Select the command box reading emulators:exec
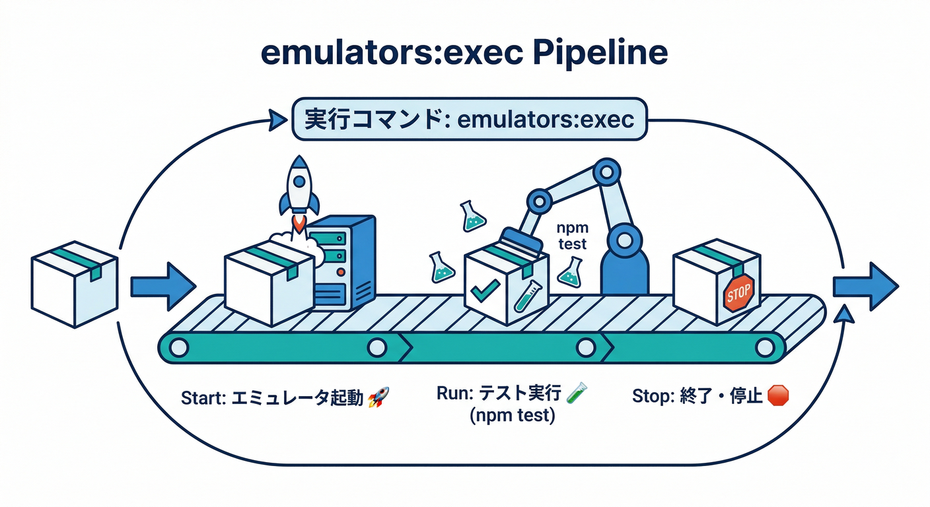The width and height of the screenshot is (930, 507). pyautogui.click(x=468, y=119)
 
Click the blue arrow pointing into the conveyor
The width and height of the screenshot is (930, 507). pyautogui.click(x=162, y=286)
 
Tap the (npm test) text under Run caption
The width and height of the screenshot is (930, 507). pyautogui.click(x=512, y=417)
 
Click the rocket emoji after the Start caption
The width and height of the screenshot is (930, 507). pyautogui.click(x=378, y=397)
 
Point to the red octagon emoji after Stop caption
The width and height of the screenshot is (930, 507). pyautogui.click(x=779, y=395)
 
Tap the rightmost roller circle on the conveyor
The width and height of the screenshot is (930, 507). pyautogui.click(x=764, y=347)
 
